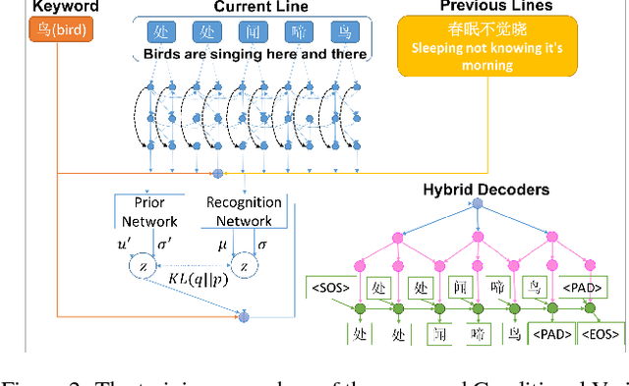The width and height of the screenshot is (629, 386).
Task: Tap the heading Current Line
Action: point(258,7)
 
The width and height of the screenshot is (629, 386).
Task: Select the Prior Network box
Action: point(143,211)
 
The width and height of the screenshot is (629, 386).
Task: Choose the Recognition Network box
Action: point(243,211)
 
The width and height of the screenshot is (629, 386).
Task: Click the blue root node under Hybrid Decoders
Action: point(478,204)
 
